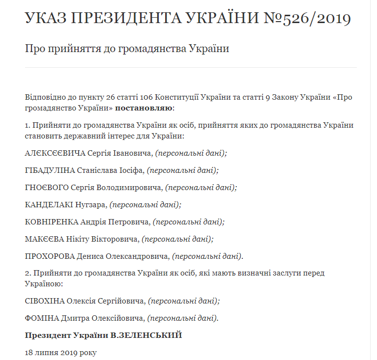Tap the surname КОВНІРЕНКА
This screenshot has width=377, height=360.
click(x=52, y=222)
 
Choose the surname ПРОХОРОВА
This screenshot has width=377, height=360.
click(x=50, y=256)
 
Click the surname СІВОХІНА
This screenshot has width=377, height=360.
click(x=44, y=301)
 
